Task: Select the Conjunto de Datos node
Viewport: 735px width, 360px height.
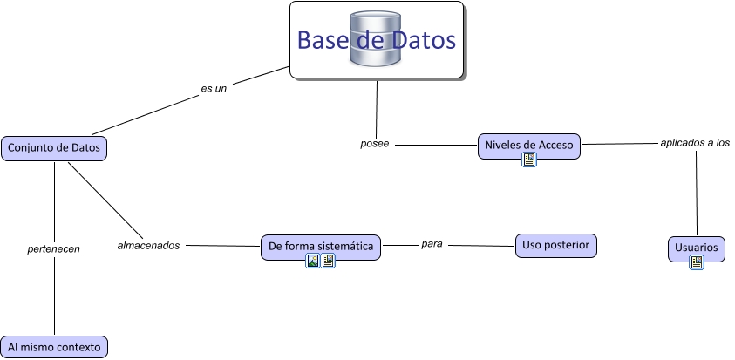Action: tap(54, 148)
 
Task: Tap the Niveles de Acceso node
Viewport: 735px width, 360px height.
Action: tap(529, 145)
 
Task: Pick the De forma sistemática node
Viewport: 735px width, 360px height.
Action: tap(321, 247)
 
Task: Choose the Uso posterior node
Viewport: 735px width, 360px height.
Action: tap(555, 245)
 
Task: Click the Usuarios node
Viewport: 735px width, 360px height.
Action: tap(697, 248)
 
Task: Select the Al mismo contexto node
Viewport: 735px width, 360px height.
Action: tap(54, 346)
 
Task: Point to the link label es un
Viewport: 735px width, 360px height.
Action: tap(214, 88)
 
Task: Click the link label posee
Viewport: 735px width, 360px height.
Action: tap(374, 143)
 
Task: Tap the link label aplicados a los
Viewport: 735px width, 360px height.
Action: tap(695, 141)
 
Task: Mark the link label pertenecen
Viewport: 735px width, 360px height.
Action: tap(54, 248)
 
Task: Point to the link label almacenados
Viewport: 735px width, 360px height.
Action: tap(148, 246)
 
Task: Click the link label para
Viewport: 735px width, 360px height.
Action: tap(432, 244)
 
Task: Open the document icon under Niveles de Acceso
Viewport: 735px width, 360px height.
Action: tap(528, 160)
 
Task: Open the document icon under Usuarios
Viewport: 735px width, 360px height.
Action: tap(697, 262)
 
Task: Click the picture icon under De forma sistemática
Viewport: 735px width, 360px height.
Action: tap(313, 261)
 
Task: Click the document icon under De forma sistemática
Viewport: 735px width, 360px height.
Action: tap(328, 261)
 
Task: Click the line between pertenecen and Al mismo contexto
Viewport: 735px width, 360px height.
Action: tap(54, 296)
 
